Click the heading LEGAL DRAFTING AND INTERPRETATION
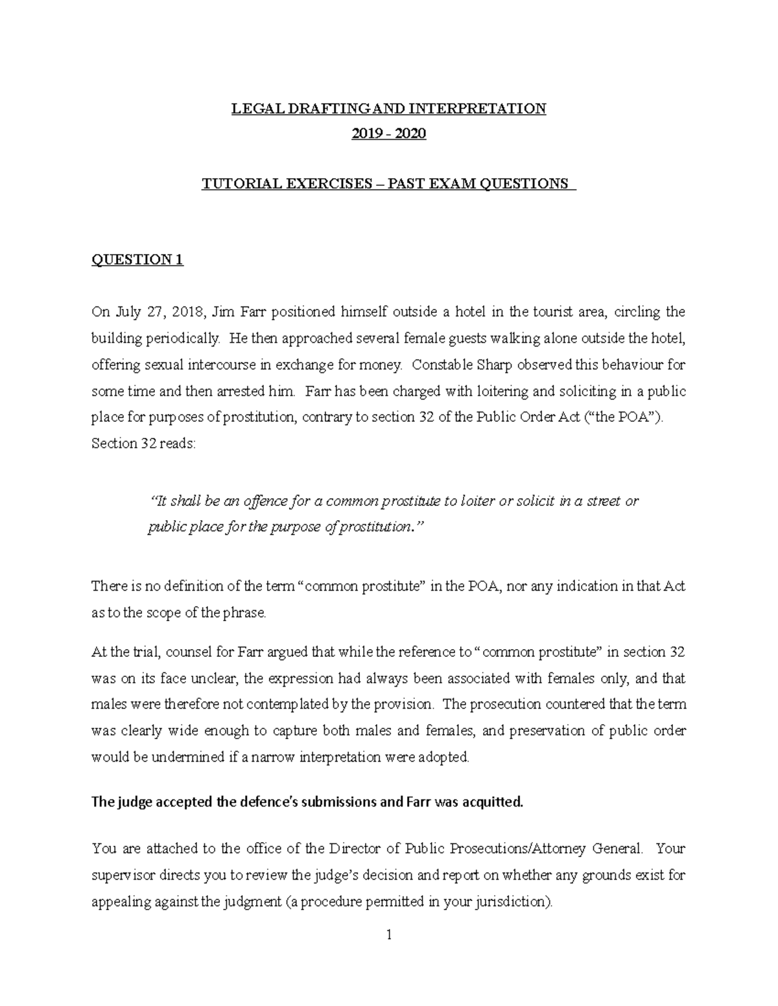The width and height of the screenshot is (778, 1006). click(389, 108)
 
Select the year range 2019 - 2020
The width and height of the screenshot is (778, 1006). click(389, 134)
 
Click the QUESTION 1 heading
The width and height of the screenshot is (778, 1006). click(137, 260)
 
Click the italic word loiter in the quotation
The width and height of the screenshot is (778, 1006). click(475, 501)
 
